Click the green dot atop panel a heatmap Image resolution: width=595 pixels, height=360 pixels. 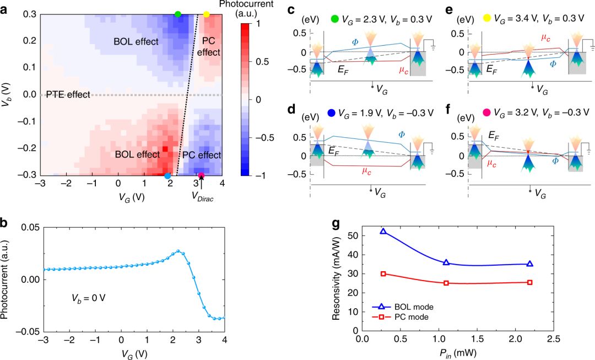tap(177, 14)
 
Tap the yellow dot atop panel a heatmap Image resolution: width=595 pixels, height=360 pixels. tap(206, 14)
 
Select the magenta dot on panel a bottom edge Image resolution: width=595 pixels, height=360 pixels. tap(201, 176)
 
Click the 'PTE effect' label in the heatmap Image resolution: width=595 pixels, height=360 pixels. tap(68, 94)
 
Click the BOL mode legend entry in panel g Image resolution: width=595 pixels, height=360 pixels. tap(402, 307)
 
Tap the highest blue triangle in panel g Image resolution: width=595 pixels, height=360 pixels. tap(383, 232)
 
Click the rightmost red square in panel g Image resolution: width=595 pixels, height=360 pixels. tap(530, 282)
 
